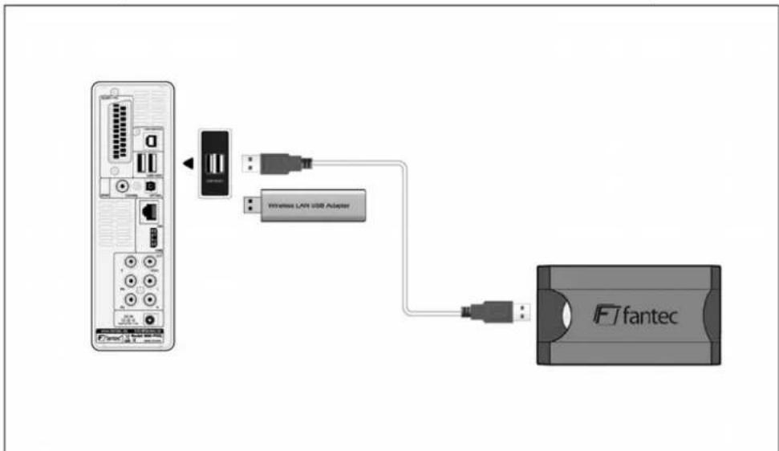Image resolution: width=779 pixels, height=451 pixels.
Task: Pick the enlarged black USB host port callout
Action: (216, 165)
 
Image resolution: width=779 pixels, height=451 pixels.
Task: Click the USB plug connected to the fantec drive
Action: (497, 308)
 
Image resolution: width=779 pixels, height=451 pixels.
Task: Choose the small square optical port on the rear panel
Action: (150, 185)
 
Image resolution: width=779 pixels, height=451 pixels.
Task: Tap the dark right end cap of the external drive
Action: (711, 315)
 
